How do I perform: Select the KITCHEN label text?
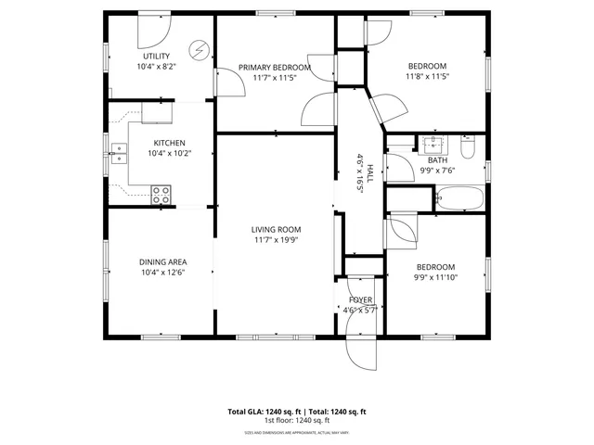tap(169, 143)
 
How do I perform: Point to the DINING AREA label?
tap(163, 261)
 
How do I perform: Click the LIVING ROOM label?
tap(276, 229)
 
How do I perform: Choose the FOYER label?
tap(360, 300)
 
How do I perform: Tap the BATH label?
tap(437, 159)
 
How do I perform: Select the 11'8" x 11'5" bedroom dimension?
tap(428, 77)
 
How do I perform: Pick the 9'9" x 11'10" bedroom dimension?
tap(436, 275)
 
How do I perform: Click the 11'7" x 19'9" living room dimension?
tap(276, 240)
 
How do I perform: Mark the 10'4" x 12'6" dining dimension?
tap(163, 273)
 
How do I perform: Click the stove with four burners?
tap(161, 195)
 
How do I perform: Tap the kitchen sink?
tap(119, 156)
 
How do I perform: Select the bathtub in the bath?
tap(459, 197)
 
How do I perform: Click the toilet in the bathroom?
tap(468, 148)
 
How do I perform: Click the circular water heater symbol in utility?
tap(199, 49)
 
